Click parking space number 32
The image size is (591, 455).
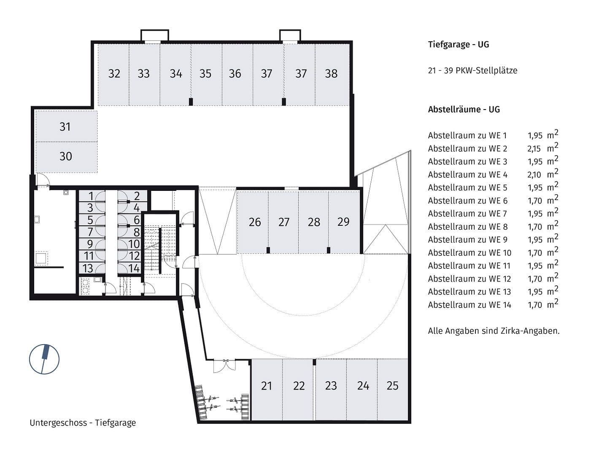(x=114, y=74)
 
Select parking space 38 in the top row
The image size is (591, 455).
(x=331, y=74)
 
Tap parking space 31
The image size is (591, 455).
(x=65, y=127)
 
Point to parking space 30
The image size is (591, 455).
(x=65, y=156)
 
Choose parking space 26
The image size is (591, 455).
(x=254, y=222)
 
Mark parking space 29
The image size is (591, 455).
(x=343, y=222)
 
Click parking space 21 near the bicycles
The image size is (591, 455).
(x=267, y=386)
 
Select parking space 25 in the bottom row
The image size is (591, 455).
(x=392, y=386)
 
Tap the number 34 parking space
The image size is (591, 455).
(x=175, y=74)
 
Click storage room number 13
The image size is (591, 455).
(x=88, y=268)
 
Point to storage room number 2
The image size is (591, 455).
(x=137, y=196)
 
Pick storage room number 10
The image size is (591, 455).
(x=134, y=244)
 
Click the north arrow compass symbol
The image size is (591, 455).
(x=44, y=359)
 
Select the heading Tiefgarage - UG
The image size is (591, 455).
(x=458, y=45)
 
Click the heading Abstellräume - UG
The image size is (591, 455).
(x=464, y=110)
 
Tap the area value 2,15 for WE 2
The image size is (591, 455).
(x=534, y=149)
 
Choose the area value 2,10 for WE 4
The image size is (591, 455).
(x=534, y=175)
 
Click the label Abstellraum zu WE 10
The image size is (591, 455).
(x=469, y=253)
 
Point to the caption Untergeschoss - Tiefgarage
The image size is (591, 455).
(x=83, y=423)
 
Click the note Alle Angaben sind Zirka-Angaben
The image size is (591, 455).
(x=494, y=331)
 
